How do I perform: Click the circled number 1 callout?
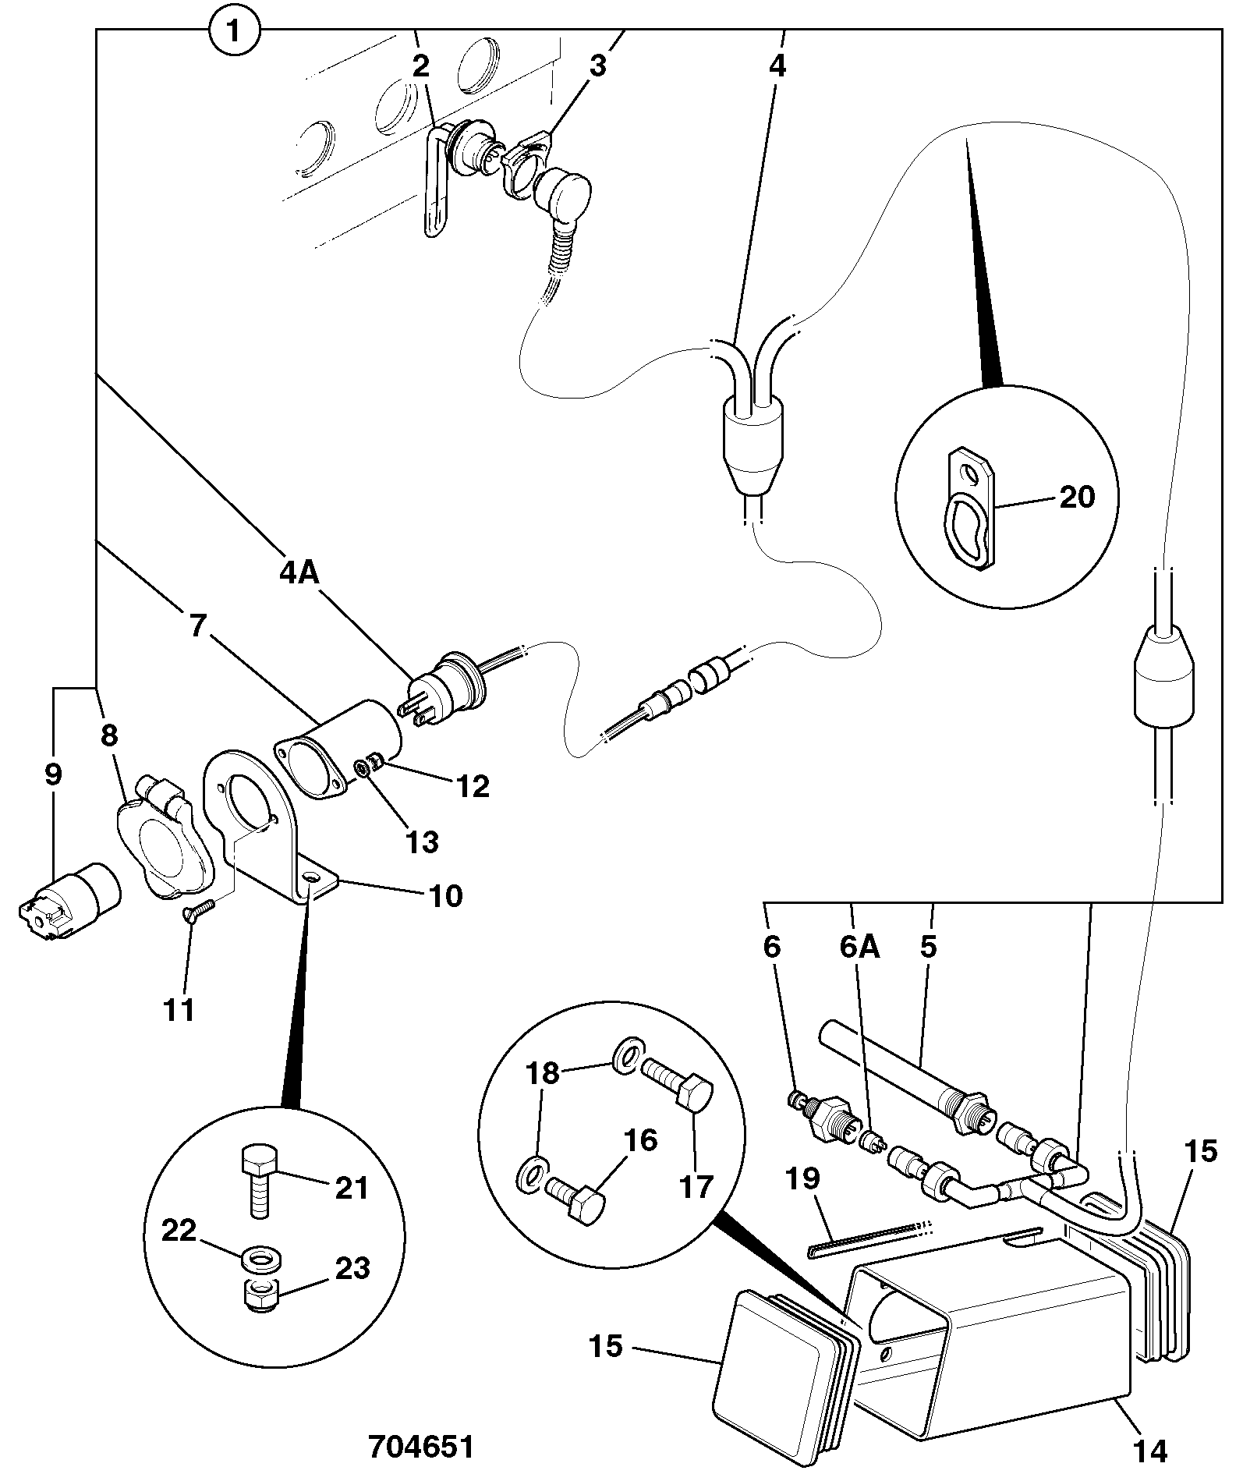235,32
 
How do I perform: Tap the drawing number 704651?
421,1447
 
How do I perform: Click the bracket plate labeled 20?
972,507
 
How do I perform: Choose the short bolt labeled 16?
575,1203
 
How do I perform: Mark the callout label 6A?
859,947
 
